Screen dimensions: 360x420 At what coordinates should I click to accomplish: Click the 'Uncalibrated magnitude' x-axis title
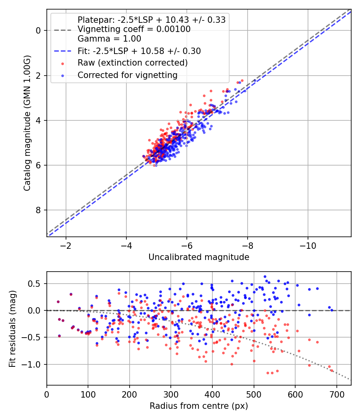pyautogui.click(x=199, y=257)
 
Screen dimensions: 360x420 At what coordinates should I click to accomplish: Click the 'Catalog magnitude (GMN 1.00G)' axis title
pyautogui.click(x=27, y=123)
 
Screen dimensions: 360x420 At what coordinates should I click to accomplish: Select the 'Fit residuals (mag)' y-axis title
pyautogui.click(x=12, y=329)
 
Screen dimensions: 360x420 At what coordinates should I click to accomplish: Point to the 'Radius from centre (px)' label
pyautogui.click(x=199, y=406)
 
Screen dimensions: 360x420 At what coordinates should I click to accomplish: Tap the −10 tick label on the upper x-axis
pyautogui.click(x=308, y=246)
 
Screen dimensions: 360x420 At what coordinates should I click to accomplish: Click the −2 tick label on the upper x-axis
pyautogui.click(x=66, y=246)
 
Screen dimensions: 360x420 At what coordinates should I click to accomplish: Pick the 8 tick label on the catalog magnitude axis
pyautogui.click(x=38, y=210)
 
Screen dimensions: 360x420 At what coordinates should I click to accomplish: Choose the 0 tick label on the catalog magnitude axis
pyautogui.click(x=38, y=30)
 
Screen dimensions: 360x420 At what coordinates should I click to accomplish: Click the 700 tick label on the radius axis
pyautogui.click(x=336, y=394)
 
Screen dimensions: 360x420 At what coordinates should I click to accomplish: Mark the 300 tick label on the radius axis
pyautogui.click(x=171, y=394)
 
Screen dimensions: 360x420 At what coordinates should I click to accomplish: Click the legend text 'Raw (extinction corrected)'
pyautogui.click(x=132, y=63)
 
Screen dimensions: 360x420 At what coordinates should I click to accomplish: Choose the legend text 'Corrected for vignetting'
pyautogui.click(x=128, y=75)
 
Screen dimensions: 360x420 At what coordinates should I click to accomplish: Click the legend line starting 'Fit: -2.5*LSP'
pyautogui.click(x=139, y=51)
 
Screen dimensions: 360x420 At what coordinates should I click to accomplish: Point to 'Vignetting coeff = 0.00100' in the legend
pyautogui.click(x=134, y=29)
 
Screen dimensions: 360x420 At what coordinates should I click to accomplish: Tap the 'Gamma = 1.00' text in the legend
pyautogui.click(x=109, y=38)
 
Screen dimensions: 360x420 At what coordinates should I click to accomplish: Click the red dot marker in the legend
pyautogui.click(x=63, y=64)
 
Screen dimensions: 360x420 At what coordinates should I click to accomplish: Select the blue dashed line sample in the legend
pyautogui.click(x=63, y=51)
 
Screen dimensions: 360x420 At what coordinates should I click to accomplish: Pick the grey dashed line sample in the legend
pyautogui.click(x=63, y=30)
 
